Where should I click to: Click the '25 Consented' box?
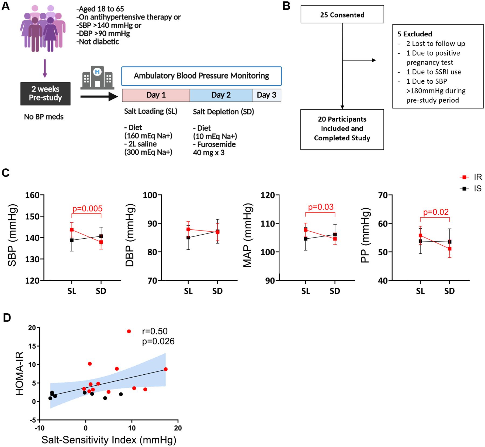click(342, 14)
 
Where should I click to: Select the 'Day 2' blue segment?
click(221, 95)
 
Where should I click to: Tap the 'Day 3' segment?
click(266, 95)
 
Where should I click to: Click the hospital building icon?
click(97, 77)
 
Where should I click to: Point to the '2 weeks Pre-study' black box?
click(45, 94)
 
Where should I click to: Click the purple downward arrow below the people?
click(45, 69)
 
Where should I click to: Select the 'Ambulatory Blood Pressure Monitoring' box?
click(202, 76)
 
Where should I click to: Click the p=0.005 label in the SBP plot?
click(87, 209)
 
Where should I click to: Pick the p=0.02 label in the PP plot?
click(436, 212)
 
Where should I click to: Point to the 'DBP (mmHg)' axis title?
click(130, 235)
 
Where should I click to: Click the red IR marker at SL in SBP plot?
click(72, 230)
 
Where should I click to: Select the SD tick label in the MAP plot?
click(335, 291)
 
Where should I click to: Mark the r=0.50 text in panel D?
click(155, 331)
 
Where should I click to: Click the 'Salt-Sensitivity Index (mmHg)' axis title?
click(109, 440)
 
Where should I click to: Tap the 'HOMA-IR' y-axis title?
click(20, 374)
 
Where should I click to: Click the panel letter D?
click(7, 318)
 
